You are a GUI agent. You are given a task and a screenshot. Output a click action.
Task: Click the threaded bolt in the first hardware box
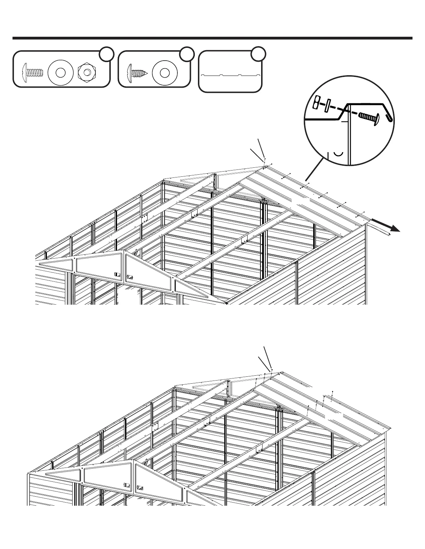pyautogui.click(x=33, y=72)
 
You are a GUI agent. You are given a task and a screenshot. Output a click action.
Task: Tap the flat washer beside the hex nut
pyautogui.click(x=61, y=73)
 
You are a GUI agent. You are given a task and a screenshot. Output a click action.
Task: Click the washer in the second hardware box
pyautogui.click(x=165, y=73)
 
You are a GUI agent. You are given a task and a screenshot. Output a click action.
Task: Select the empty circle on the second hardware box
pyautogui.click(x=187, y=53)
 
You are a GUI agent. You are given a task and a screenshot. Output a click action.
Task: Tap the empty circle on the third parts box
pyautogui.click(x=258, y=53)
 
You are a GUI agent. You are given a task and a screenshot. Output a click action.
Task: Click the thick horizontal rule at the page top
pyautogui.click(x=212, y=38)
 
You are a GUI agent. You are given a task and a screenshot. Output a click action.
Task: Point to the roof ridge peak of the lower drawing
pyautogui.click(x=280, y=373)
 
